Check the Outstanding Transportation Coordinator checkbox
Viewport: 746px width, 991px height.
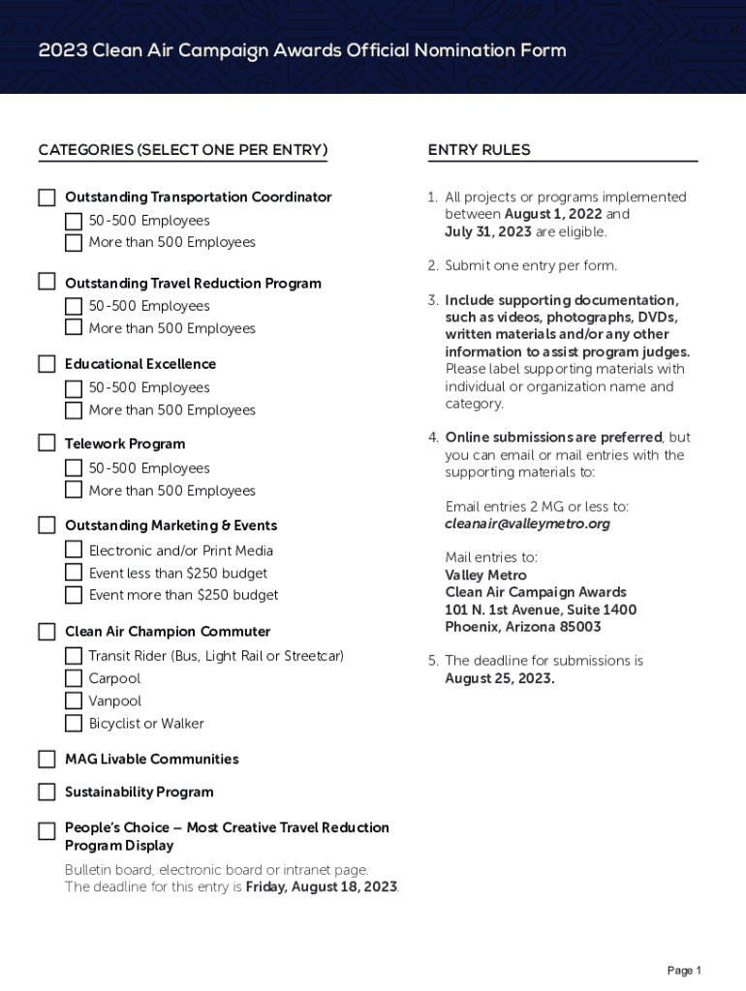pyautogui.click(x=47, y=197)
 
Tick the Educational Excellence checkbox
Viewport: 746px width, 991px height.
pyautogui.click(x=47, y=364)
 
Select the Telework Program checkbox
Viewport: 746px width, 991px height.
pyautogui.click(x=47, y=443)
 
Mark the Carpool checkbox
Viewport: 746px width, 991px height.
pyautogui.click(x=74, y=678)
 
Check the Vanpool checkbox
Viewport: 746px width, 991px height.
pyautogui.click(x=74, y=701)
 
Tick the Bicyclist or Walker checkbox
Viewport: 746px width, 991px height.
pyautogui.click(x=74, y=723)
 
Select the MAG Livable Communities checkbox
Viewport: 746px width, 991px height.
pyautogui.click(x=47, y=759)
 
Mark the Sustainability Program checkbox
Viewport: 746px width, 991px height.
pyautogui.click(x=47, y=792)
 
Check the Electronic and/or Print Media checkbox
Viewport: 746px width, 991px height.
pyautogui.click(x=74, y=550)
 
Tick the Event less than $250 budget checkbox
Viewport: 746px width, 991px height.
pyautogui.click(x=74, y=573)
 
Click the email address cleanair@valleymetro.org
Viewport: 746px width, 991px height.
pyautogui.click(x=527, y=524)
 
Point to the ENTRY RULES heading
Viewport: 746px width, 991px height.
pyautogui.click(x=479, y=150)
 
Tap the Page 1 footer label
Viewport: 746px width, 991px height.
pyautogui.click(x=684, y=970)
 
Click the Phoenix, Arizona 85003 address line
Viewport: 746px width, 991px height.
pyautogui.click(x=522, y=627)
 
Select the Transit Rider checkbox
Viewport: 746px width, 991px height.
pyautogui.click(x=74, y=656)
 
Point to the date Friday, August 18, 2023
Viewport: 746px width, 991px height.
pyautogui.click(x=322, y=886)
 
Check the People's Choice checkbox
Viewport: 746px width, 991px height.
pyautogui.click(x=47, y=831)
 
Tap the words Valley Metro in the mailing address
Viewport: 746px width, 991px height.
pyautogui.click(x=486, y=575)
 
